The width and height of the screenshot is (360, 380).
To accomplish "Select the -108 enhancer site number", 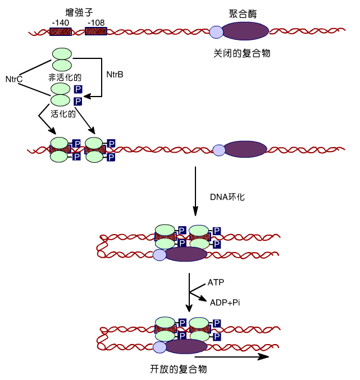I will coord(96,22).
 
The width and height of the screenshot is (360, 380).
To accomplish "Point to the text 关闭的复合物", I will coord(242,53).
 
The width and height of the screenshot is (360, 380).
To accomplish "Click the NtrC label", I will coord(13,79).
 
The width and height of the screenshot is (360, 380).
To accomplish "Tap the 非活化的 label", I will coord(64,77).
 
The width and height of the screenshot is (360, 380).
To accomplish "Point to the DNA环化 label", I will coord(227,197).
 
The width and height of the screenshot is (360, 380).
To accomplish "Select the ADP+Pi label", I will coord(225,303).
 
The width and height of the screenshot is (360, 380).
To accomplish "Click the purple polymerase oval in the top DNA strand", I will coord(245,31).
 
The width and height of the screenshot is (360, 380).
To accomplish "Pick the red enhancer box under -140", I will coord(60,31).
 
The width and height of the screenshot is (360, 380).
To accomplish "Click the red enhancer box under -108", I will coord(96,31).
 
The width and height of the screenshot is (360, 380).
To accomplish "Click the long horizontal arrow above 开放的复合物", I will coord(230,356).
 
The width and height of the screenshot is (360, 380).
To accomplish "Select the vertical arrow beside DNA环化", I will coord(195,191).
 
